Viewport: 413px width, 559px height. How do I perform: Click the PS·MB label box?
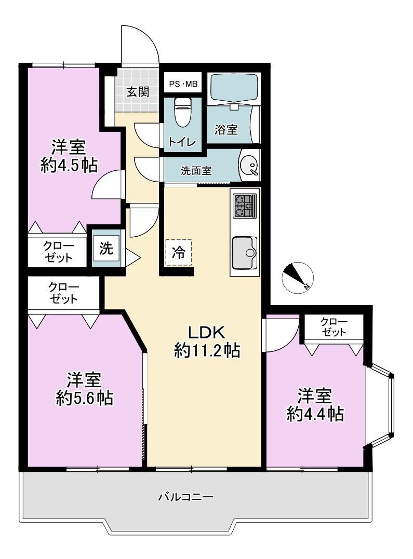coord(183,85)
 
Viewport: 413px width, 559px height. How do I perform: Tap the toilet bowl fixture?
coord(183,112)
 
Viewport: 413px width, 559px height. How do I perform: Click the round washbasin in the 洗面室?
coord(249,166)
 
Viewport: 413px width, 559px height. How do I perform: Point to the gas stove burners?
coord(245,206)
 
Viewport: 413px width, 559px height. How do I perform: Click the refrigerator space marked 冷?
coord(179,253)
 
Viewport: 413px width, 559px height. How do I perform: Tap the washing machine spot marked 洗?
coord(106,249)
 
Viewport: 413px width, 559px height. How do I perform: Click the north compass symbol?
coord(298,278)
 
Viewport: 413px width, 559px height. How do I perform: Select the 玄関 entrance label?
coord(138,92)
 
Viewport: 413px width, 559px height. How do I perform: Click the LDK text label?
coord(207,332)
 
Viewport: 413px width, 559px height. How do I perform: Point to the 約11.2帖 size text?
coord(207,351)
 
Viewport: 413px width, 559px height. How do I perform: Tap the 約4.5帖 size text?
coord(69,166)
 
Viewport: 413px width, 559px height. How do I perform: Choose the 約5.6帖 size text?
coord(85,398)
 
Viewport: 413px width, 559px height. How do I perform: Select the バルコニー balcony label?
coord(186,496)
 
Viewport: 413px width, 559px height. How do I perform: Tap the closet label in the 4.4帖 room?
coord(334,327)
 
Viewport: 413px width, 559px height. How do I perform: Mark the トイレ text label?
coord(182,142)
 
